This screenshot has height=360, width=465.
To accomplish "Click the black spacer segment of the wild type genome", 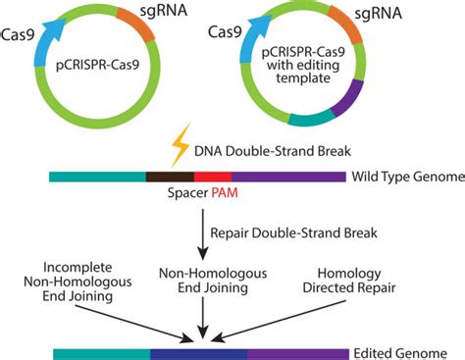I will point(169,177).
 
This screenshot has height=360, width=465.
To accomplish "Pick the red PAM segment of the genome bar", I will point(213,177).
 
